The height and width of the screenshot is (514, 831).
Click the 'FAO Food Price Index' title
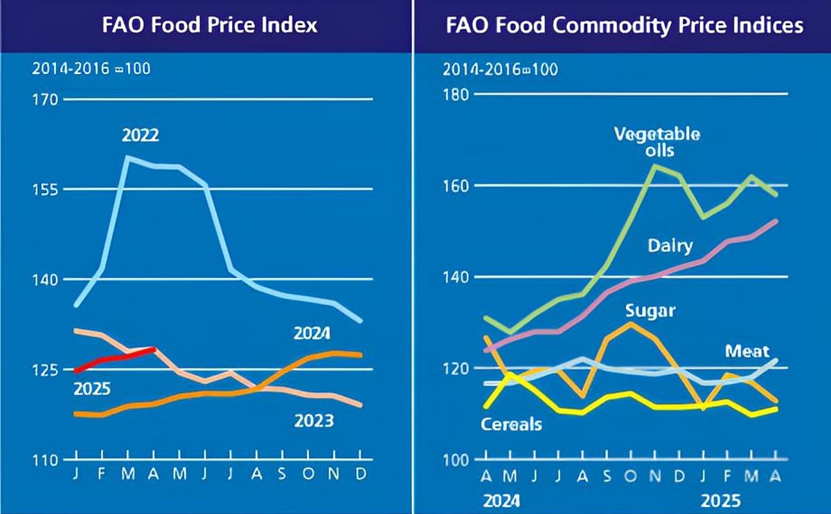(210, 26)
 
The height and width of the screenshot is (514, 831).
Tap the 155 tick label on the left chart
(44, 189)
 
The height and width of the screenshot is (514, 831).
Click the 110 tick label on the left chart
(44, 459)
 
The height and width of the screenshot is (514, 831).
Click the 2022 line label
(141, 136)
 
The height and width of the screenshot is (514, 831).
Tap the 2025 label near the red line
(92, 389)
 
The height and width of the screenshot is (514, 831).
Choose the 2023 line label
(314, 421)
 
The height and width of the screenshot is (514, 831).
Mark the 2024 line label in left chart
(312, 334)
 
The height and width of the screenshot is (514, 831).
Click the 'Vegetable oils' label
(656, 142)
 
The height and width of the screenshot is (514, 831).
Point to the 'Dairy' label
(670, 246)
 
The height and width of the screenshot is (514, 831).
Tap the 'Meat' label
(747, 351)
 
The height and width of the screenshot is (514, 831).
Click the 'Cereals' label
(511, 424)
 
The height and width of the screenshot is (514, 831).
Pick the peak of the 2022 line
(127, 157)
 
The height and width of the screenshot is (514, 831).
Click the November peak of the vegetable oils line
(655, 166)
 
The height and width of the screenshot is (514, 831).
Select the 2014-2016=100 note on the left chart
(91, 68)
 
